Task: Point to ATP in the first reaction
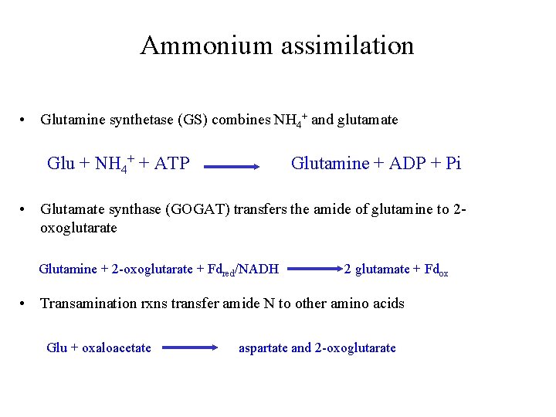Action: (x=171, y=163)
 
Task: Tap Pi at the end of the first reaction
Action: (x=452, y=163)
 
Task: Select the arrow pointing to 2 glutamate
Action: (x=314, y=270)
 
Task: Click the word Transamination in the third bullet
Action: (x=86, y=303)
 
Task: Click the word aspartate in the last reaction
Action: (x=263, y=347)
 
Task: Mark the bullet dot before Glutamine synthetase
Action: (x=25, y=120)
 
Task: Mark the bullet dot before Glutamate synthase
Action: (x=25, y=211)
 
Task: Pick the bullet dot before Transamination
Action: (x=25, y=303)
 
